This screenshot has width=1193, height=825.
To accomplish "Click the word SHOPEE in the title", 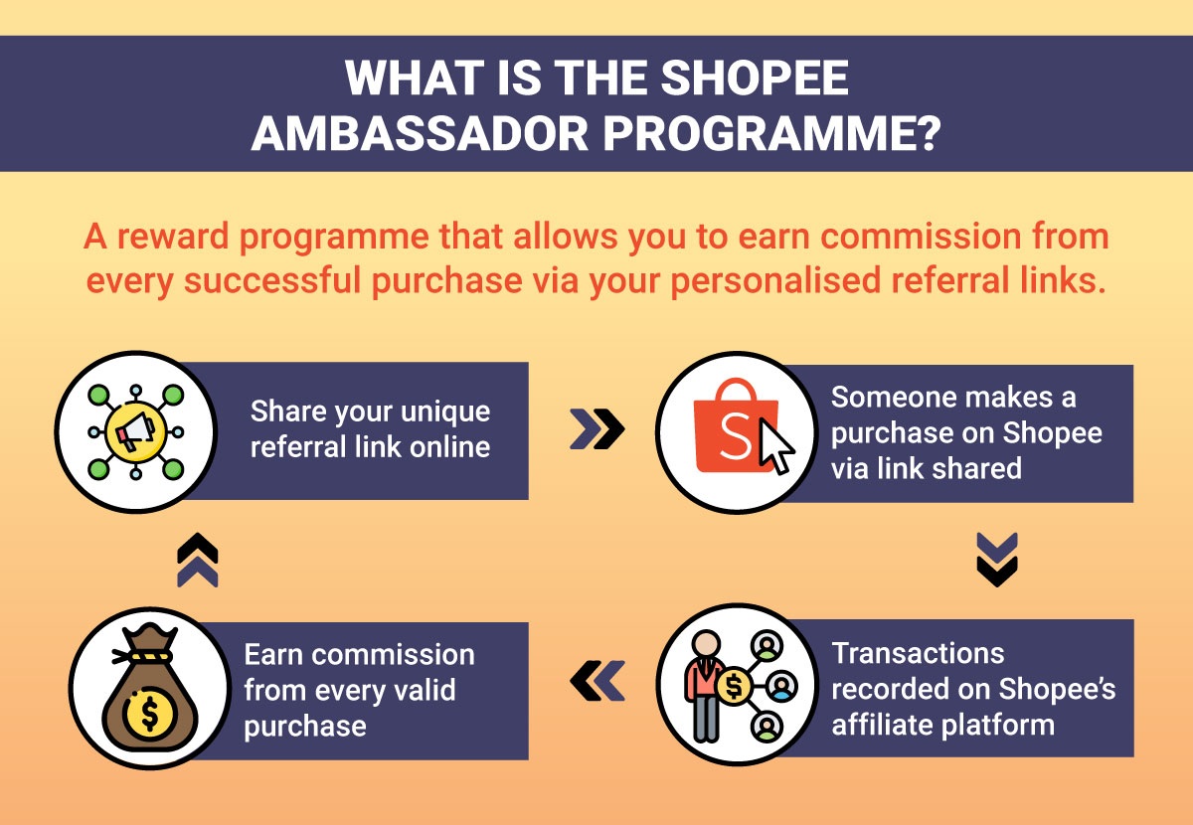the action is coord(755,78).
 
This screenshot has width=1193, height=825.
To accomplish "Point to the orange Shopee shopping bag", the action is coord(735,425).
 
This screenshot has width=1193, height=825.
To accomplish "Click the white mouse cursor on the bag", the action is coord(776,446).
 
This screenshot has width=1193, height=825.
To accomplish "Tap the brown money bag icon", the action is coord(150,688).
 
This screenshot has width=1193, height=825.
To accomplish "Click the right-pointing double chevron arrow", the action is coord(597,428).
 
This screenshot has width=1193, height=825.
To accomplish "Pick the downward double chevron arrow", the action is coord(997,560).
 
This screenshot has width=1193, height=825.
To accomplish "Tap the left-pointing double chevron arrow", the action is coord(597,681).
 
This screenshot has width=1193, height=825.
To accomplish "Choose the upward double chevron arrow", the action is coord(198,560).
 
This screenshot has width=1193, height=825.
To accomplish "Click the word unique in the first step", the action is coord(445,412).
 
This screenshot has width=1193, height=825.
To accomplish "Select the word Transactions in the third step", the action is coord(919,653).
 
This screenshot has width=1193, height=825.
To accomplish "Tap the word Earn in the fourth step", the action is coord(273,654).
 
